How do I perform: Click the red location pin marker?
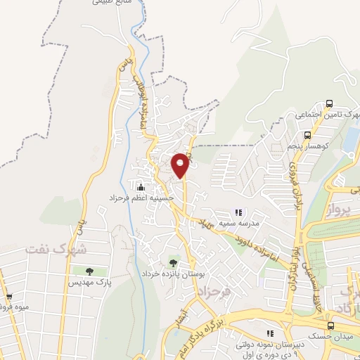(180, 165)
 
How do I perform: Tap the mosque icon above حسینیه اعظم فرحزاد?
(141, 186)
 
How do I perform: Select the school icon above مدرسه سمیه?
(238, 212)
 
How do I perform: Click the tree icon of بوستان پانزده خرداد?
(174, 262)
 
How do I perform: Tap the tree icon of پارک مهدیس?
(90, 271)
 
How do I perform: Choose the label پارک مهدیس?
(90, 282)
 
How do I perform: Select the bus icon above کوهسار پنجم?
(307, 135)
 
